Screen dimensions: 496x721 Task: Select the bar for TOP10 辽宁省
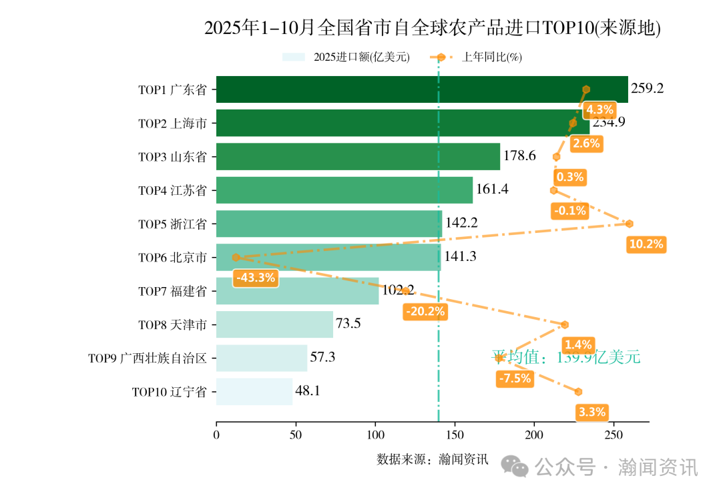point(254,391)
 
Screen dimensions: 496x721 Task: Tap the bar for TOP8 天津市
point(274,324)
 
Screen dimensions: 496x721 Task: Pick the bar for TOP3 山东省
point(358,156)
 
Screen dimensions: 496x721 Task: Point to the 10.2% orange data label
point(646,244)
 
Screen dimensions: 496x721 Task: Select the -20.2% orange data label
point(425,311)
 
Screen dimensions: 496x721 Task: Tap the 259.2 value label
point(647,88)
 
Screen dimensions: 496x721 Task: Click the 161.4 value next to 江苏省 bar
point(492,190)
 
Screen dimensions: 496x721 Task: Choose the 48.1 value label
point(308,391)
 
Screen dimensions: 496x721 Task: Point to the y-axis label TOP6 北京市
point(172,257)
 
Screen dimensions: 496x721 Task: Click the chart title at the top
point(432,28)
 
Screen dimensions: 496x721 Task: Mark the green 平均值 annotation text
point(566,358)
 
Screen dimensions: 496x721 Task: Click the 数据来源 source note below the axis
point(432,459)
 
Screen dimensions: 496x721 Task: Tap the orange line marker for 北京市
point(235,257)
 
